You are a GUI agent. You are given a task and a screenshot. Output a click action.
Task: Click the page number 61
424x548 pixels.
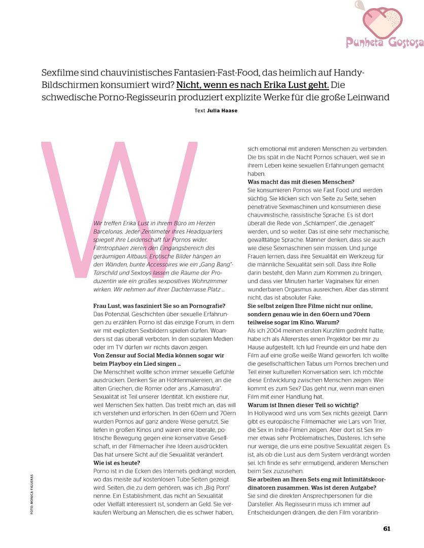386,528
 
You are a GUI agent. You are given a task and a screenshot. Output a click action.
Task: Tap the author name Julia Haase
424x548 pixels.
222,110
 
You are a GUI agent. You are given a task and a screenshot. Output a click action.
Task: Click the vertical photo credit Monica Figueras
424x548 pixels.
31,495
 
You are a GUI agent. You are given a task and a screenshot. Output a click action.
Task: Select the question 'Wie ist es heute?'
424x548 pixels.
117,463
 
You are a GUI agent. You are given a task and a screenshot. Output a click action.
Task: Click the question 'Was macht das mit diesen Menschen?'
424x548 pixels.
301,182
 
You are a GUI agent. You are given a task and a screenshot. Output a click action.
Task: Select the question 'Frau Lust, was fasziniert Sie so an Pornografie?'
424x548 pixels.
160,305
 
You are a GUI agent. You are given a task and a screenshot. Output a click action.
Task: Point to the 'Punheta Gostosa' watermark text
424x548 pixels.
384,43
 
